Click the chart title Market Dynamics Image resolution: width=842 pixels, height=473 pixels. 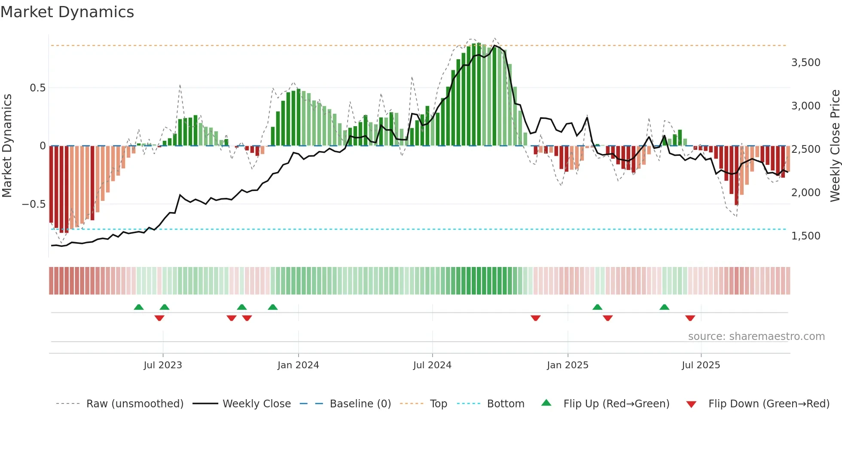click(x=67, y=12)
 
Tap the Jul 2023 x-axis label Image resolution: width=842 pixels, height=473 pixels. click(x=163, y=365)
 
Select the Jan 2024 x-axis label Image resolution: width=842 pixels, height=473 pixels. click(x=298, y=365)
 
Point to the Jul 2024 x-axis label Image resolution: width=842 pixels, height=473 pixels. click(x=432, y=365)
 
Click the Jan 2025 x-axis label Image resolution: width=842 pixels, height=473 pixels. click(x=567, y=365)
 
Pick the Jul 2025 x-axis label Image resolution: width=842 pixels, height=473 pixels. click(x=701, y=365)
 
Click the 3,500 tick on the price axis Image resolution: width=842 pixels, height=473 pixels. click(x=805, y=63)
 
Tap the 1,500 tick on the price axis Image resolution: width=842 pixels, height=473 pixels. click(x=805, y=236)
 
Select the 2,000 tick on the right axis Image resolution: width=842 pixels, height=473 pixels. click(x=805, y=193)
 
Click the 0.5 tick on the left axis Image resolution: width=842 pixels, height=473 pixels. click(x=37, y=88)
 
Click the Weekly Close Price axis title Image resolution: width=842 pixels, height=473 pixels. click(x=835, y=146)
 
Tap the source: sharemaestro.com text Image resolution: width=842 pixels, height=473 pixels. click(x=756, y=337)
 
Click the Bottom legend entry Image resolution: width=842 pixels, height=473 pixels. click(x=505, y=404)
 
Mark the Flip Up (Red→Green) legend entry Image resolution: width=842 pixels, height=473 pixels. click(x=616, y=404)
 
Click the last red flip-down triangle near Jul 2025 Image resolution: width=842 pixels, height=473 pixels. click(x=690, y=318)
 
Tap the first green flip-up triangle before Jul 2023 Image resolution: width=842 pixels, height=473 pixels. click(x=139, y=307)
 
